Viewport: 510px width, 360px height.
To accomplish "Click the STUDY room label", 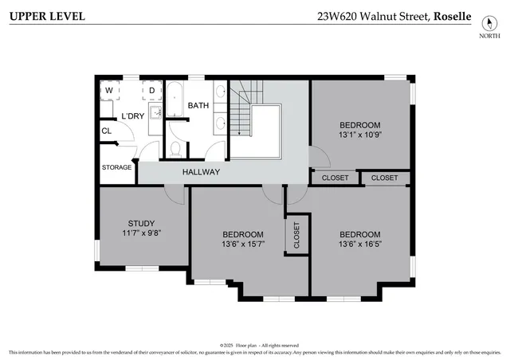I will point(141,223).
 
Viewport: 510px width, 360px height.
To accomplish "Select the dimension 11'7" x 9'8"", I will point(141,233).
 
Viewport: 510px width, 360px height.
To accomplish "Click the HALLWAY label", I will point(201,172).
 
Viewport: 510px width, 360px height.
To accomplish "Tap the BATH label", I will point(198,105).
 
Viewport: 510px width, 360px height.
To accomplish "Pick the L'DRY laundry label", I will point(133,116).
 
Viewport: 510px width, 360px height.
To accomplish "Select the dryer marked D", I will point(151,90).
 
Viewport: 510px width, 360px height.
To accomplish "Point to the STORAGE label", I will point(116,167).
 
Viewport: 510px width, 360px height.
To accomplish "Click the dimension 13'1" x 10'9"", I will point(360,135).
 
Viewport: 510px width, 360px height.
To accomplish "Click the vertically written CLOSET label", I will point(296,236).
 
